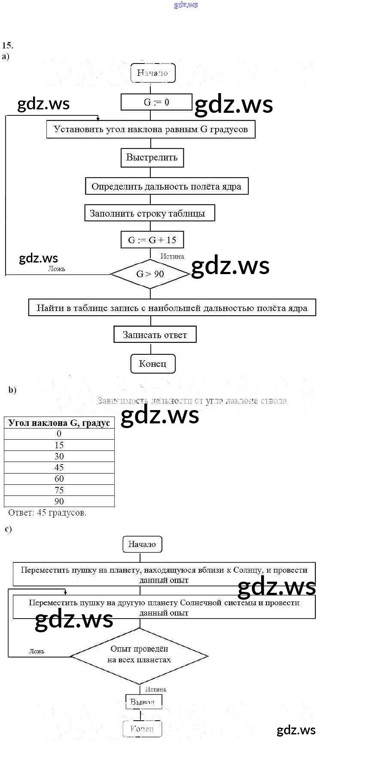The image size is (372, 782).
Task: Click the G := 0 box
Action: point(156,102)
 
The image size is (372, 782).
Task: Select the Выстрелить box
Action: point(152,157)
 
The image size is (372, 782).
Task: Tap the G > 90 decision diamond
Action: point(150,274)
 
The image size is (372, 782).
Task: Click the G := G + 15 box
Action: point(152,240)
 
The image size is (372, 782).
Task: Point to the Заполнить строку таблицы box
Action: point(149,213)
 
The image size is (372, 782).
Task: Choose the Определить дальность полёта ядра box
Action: point(167,187)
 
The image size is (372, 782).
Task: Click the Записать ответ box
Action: point(155,335)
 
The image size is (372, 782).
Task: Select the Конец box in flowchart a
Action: point(152,364)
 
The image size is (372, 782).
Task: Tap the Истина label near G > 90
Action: point(172,256)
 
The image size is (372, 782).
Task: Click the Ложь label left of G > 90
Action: point(57,269)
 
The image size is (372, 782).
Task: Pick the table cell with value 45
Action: point(59,468)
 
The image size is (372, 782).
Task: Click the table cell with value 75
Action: point(59,490)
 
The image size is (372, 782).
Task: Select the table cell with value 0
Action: point(59,434)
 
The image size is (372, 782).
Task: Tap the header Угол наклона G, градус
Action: point(59,423)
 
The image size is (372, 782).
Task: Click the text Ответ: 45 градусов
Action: point(47,513)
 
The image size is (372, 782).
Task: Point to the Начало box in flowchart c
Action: point(142,544)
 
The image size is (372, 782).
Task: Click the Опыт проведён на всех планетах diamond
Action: point(139,655)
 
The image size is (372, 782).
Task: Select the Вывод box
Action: point(143,702)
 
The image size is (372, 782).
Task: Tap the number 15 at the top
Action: point(7,45)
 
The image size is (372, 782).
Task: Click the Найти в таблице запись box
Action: point(172,308)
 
